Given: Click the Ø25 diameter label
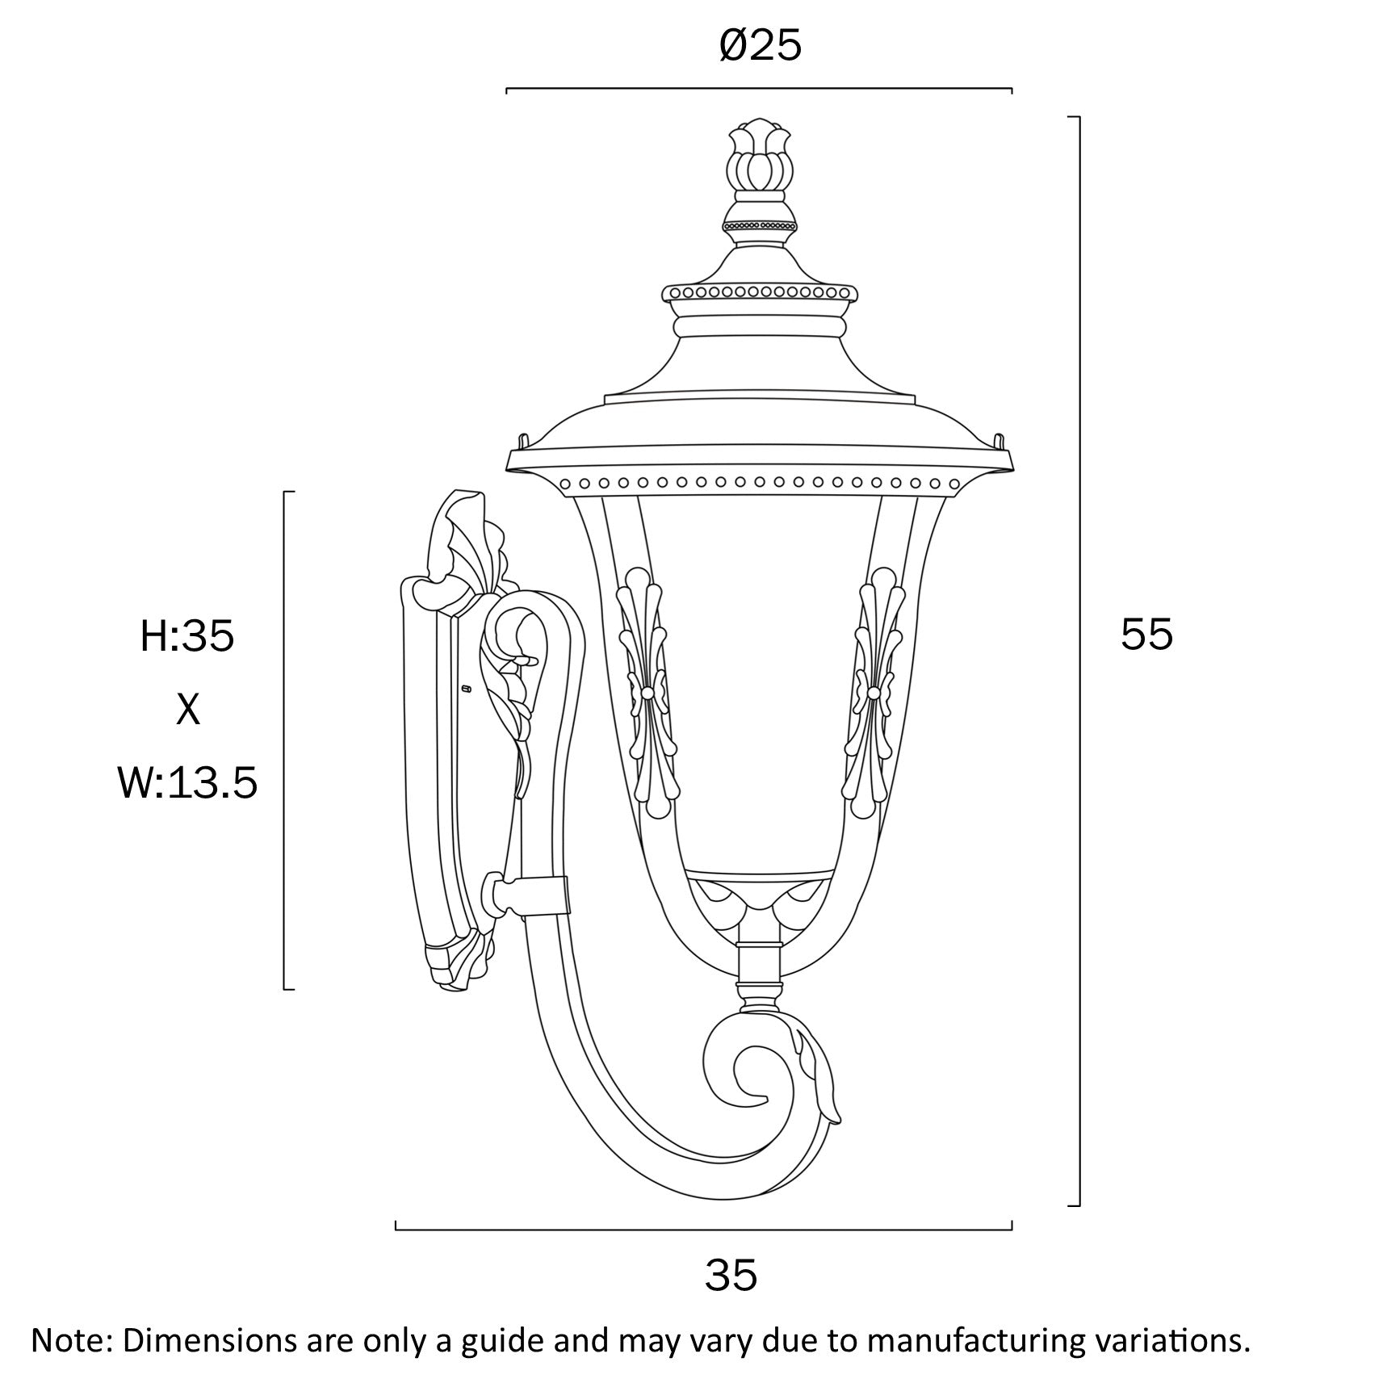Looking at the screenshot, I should pyautogui.click(x=760, y=47).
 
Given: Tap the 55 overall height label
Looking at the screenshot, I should pyautogui.click(x=1146, y=635).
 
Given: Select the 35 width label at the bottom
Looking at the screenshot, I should pyautogui.click(x=731, y=1276).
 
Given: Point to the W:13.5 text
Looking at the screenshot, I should pyautogui.click(x=187, y=783).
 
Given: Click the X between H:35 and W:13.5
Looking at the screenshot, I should pyautogui.click(x=187, y=710).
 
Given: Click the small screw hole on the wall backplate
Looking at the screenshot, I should pyautogui.click(x=466, y=689).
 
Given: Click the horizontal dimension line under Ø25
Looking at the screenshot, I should pyautogui.click(x=759, y=88).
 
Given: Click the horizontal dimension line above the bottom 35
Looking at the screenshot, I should pyautogui.click(x=702, y=1230).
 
